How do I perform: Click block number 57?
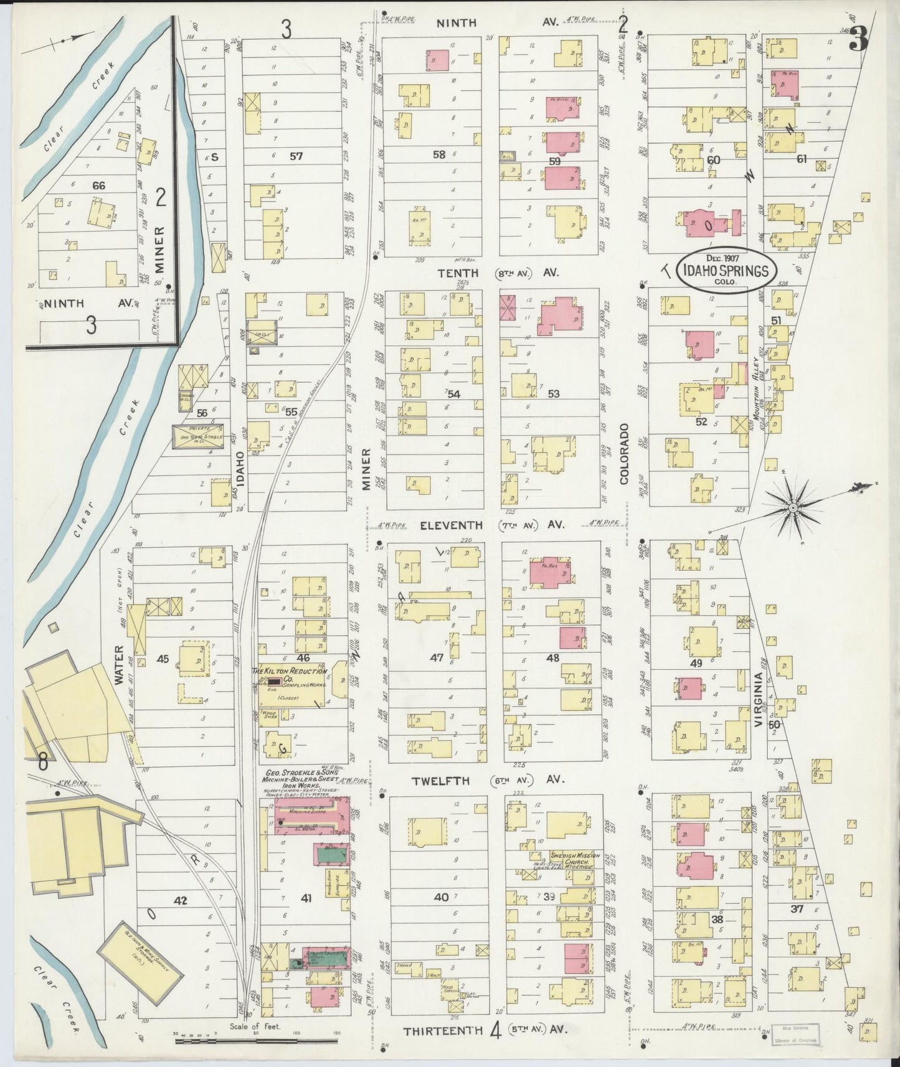tap(296, 156)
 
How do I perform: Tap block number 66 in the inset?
tap(98, 185)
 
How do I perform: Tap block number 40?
tap(441, 897)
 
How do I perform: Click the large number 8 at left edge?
tap(42, 761)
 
